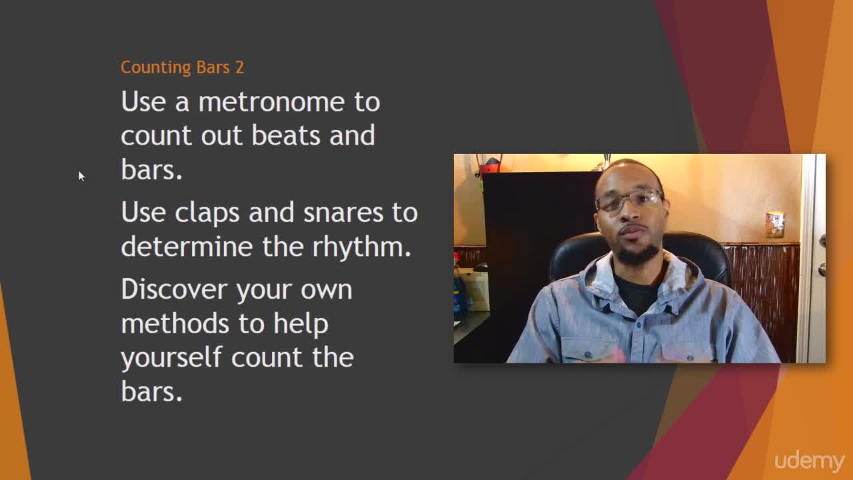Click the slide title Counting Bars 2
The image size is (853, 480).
point(182,68)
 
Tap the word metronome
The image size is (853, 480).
point(271,102)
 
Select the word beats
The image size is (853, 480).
point(286,135)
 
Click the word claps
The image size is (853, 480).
point(207,213)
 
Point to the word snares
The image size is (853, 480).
point(343,213)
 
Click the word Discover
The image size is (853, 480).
point(175,289)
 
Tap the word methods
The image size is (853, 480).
point(175,323)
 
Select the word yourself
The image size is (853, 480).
point(171,358)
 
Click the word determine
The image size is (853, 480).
point(187,247)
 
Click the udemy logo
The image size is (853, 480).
point(809,462)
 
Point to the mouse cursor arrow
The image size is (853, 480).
point(81,176)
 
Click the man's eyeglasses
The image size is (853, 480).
point(630,201)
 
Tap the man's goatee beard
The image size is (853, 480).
point(636,255)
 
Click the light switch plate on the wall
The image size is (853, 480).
point(775,225)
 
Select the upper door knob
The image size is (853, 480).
point(822,241)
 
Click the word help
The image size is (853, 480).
point(301,324)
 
